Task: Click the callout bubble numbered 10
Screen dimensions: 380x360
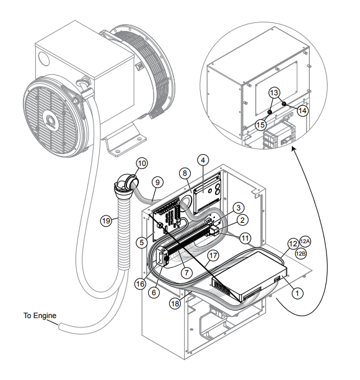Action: pos(142,163)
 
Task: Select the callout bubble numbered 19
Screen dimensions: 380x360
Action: pos(107,219)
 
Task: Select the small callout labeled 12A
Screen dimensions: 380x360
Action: pos(305,241)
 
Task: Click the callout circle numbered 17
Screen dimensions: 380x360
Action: pos(213,254)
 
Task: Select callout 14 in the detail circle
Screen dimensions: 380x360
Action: pos(302,110)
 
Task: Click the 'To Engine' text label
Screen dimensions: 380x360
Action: pos(39,316)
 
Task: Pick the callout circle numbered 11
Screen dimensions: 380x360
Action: pos(245,236)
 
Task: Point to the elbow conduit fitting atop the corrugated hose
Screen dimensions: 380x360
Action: pos(126,183)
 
